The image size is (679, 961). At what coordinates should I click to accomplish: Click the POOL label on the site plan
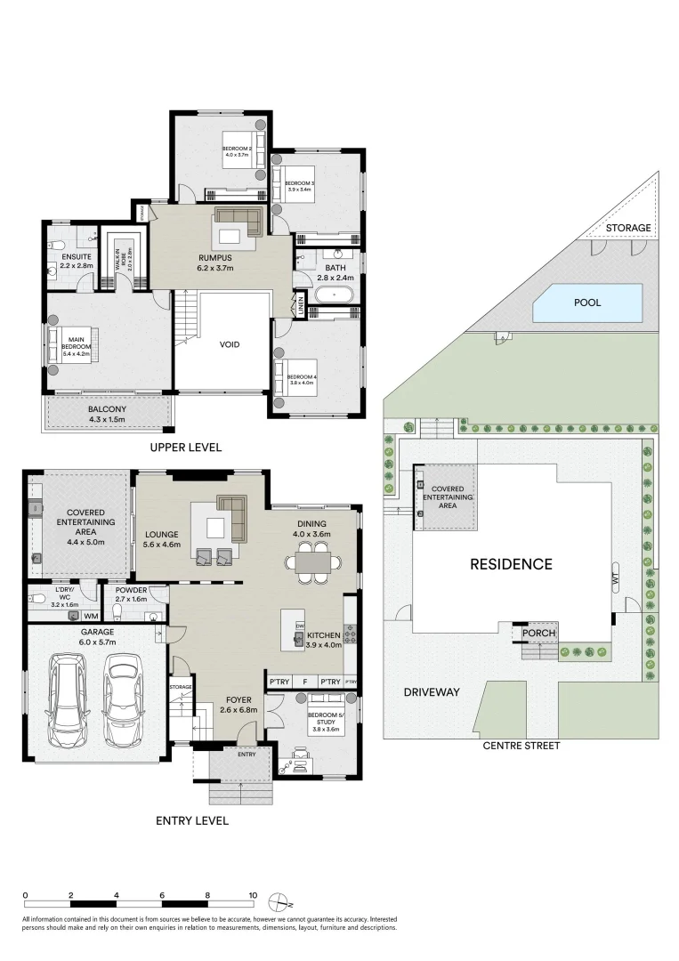click(586, 303)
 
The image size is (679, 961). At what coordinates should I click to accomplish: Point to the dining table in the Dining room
click(312, 562)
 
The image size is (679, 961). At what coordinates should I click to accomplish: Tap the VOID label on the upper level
click(230, 344)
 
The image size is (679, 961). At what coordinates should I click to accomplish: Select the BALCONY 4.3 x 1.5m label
click(106, 414)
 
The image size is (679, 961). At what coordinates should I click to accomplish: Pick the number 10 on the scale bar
click(253, 895)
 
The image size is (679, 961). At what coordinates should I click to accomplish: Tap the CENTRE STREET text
click(521, 746)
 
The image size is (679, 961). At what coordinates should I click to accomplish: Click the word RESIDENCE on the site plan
click(511, 563)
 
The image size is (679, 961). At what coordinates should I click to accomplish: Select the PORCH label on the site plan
click(539, 634)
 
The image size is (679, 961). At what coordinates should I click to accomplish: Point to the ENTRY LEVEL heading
click(192, 820)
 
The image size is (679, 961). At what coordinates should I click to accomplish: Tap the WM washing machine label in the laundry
click(91, 616)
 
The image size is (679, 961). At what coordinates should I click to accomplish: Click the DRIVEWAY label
click(431, 691)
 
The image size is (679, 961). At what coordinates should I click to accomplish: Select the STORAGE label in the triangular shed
click(628, 228)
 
